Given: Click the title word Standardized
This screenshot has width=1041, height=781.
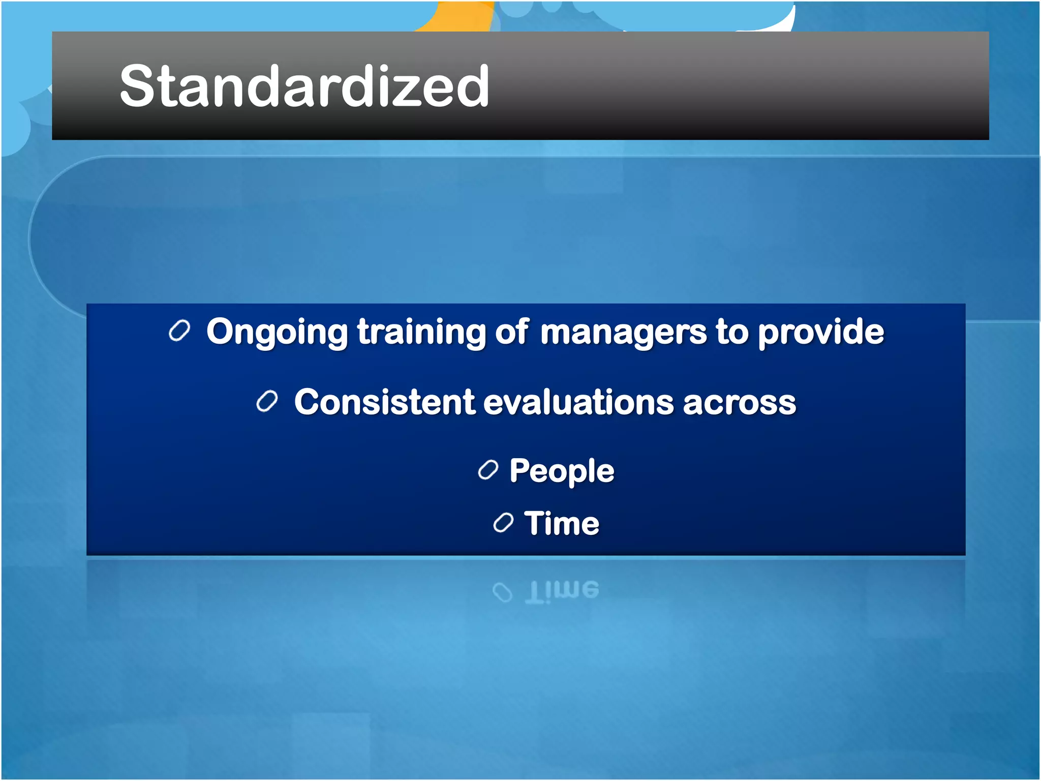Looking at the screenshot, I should coord(304,86).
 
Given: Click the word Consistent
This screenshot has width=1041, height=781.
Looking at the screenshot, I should coord(384,402).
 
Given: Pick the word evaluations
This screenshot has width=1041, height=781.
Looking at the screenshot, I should coord(578,402).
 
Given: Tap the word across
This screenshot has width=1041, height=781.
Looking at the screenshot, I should coord(739,403).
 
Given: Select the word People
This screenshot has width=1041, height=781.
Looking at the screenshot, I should coord(562,471).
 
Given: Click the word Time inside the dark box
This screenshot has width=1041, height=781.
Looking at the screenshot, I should coord(562,523).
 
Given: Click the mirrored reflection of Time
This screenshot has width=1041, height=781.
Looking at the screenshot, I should coord(562,591).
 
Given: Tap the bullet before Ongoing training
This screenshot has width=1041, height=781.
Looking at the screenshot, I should coord(179,331).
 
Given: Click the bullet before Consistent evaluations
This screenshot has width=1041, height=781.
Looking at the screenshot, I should coord(267,402).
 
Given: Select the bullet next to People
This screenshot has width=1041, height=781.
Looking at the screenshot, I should coord(488,470).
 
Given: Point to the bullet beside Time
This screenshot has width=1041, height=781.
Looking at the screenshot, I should coord(503,523).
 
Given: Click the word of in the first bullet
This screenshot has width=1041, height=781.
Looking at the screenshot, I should coord(512,332).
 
